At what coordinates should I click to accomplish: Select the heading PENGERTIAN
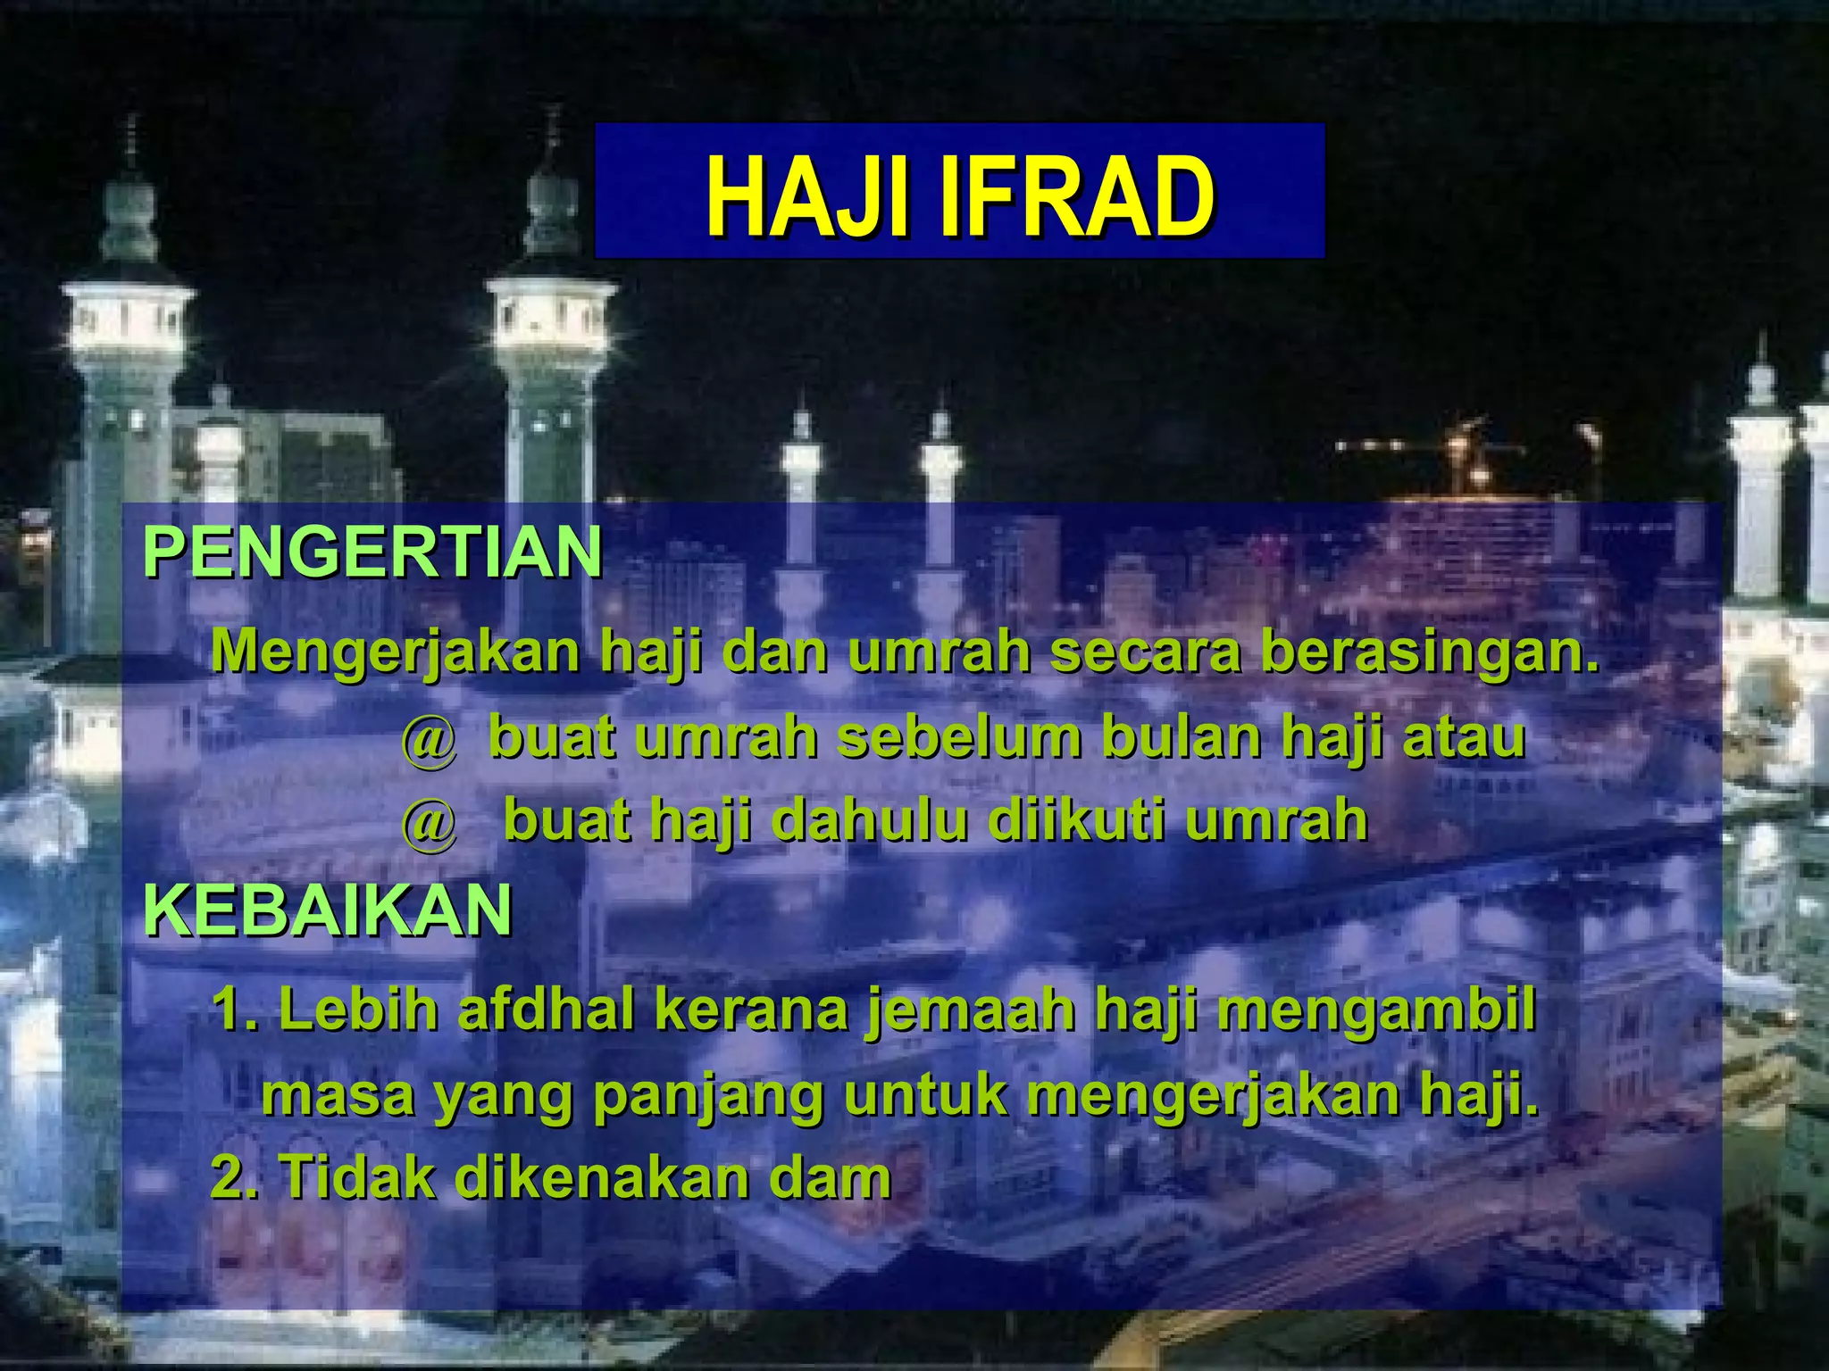pyautogui.click(x=372, y=553)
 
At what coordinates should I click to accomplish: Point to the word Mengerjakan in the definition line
pyautogui.click(x=397, y=652)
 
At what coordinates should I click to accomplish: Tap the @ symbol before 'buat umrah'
pyautogui.click(x=429, y=741)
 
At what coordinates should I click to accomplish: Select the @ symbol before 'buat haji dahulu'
pyautogui.click(x=429, y=823)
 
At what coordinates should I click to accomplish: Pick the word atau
pyautogui.click(x=1465, y=739)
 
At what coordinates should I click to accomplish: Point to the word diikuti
pyautogui.click(x=1074, y=821)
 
